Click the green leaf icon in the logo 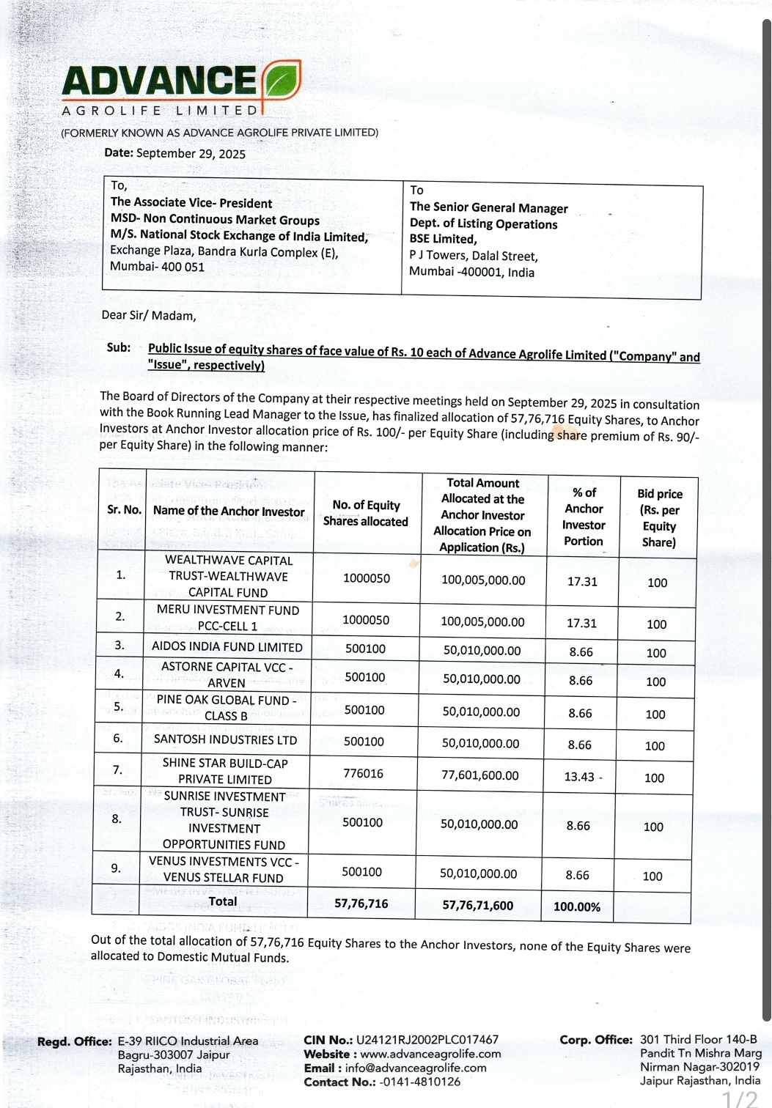click(x=281, y=81)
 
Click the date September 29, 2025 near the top click(x=191, y=153)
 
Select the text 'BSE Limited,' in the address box click(x=443, y=239)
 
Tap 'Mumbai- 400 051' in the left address click(x=157, y=267)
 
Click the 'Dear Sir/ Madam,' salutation click(x=149, y=316)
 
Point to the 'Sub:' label click(x=118, y=347)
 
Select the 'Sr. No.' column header click(x=124, y=509)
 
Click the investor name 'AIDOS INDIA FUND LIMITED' click(x=227, y=646)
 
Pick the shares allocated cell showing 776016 click(x=364, y=773)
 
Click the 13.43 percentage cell click(x=579, y=777)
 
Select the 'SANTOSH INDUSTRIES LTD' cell click(x=225, y=739)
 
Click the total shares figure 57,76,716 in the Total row click(x=361, y=904)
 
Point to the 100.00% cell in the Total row click(x=577, y=906)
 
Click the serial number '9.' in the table click(x=116, y=868)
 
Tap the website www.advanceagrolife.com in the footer click(x=431, y=1054)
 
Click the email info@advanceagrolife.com click(x=416, y=1068)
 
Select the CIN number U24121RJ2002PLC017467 click(x=427, y=1040)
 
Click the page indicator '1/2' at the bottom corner click(x=740, y=1098)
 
